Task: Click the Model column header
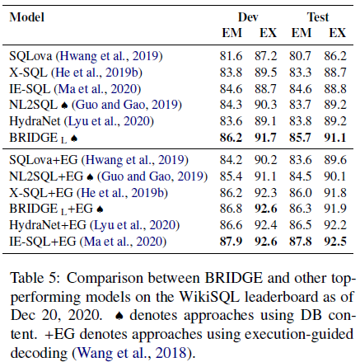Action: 27,16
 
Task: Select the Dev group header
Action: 247,16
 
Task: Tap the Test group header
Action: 316,16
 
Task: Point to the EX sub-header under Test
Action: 335,33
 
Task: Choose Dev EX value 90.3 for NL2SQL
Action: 265,104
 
